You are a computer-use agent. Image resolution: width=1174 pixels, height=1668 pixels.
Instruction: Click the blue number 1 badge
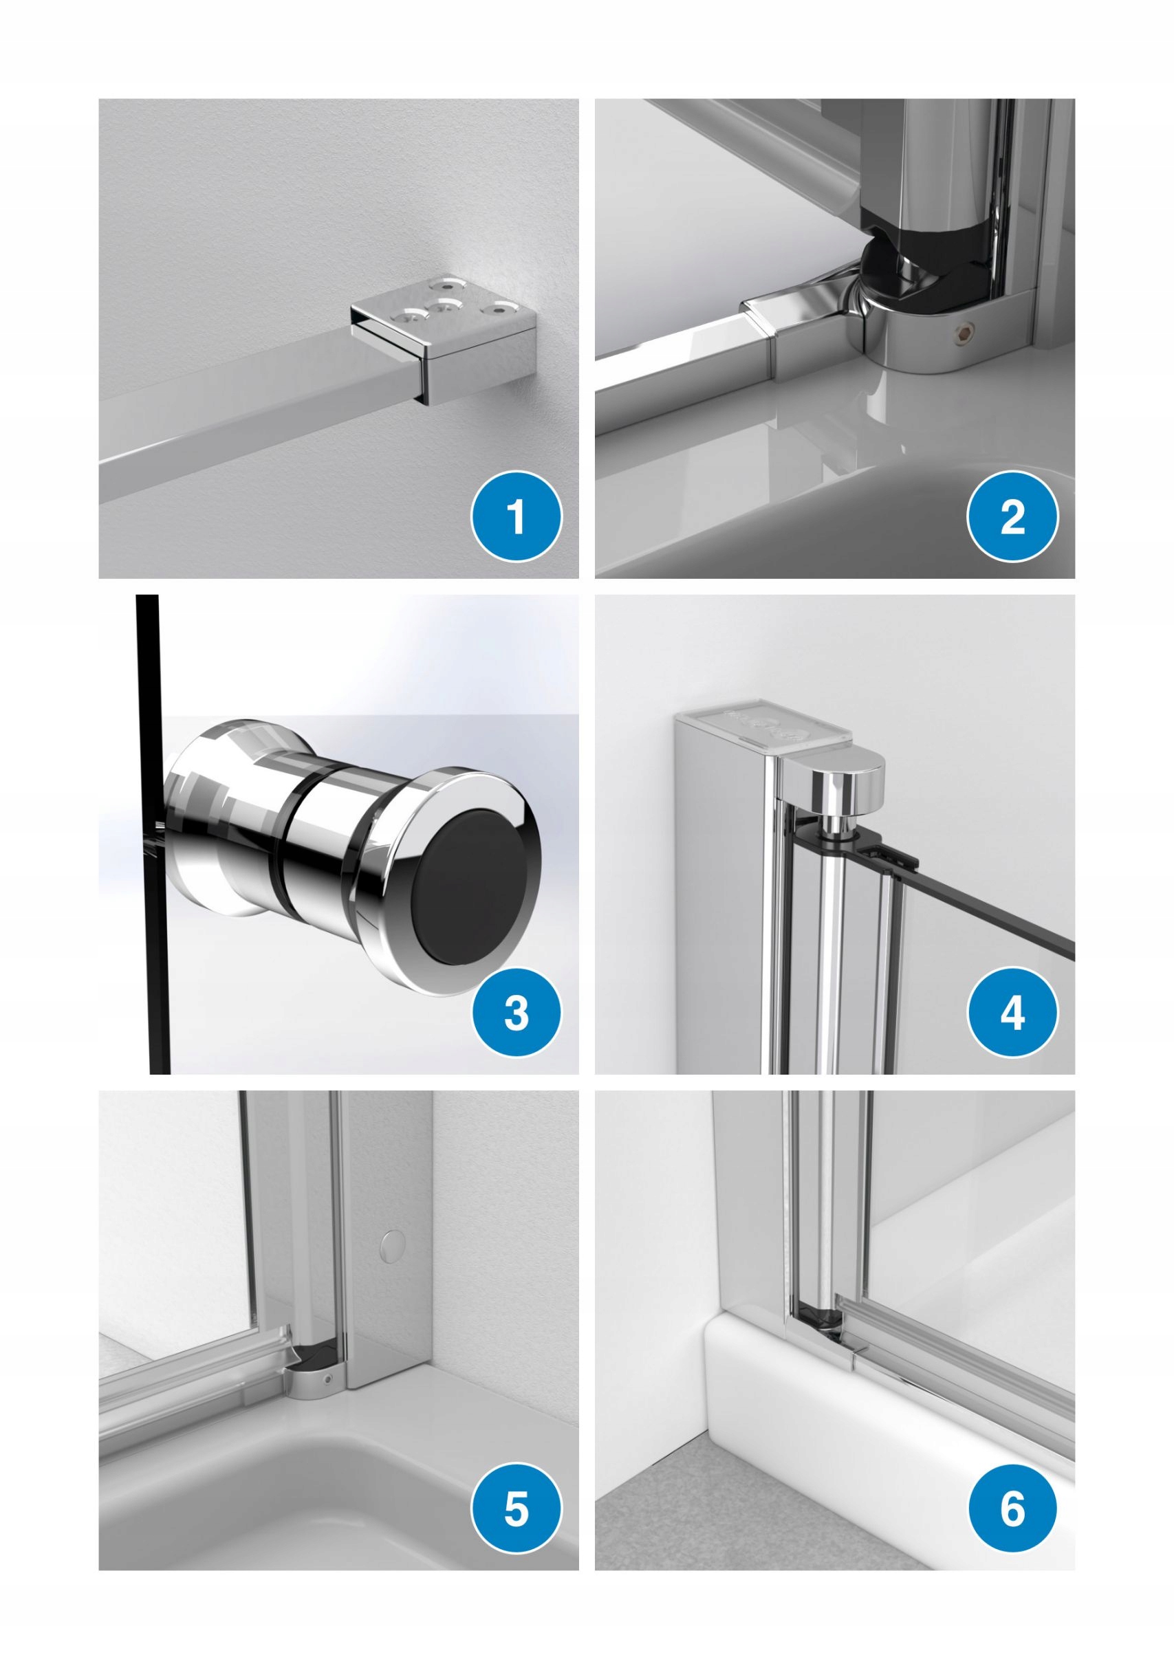pyautogui.click(x=517, y=516)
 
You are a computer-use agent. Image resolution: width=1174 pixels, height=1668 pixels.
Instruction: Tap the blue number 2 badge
pyautogui.click(x=1012, y=516)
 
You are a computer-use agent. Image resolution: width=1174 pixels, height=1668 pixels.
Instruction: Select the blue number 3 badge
pyautogui.click(x=517, y=1013)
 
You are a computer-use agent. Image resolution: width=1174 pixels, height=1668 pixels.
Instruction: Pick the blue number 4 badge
pyautogui.click(x=1012, y=1013)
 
